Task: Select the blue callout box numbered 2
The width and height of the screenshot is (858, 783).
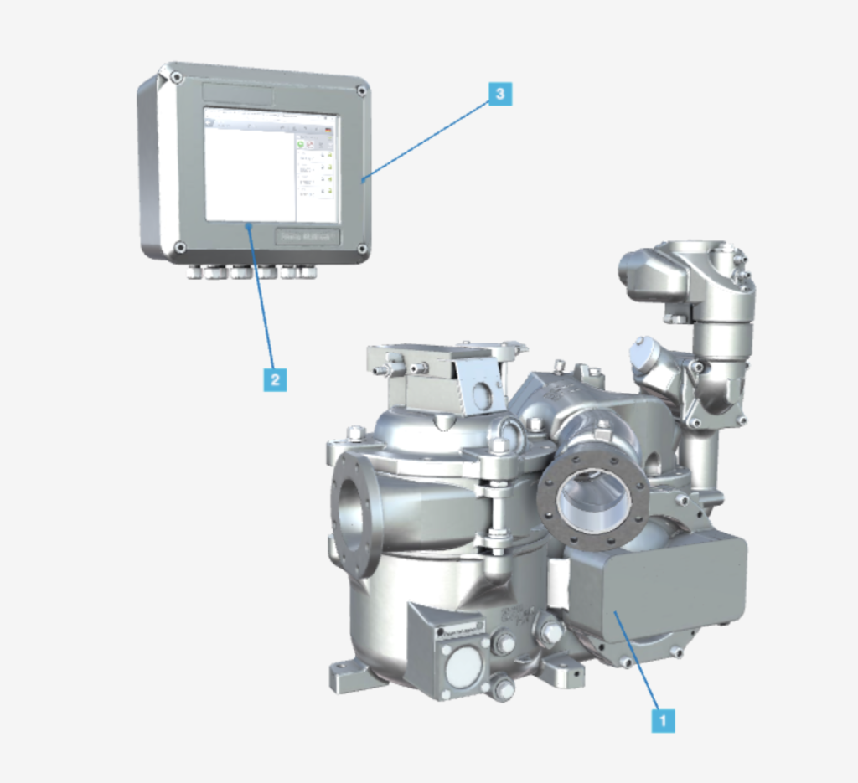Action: (x=273, y=379)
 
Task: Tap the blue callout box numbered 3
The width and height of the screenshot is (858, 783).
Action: (x=499, y=93)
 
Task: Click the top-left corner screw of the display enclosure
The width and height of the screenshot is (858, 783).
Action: (x=177, y=78)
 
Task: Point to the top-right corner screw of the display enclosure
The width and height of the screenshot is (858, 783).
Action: (x=361, y=90)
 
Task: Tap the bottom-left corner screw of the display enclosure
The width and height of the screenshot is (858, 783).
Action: (x=179, y=246)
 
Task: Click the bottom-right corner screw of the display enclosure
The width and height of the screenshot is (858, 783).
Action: (x=362, y=249)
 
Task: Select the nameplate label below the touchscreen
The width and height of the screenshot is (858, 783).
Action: (x=308, y=237)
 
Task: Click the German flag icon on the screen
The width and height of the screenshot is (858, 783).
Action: (x=328, y=130)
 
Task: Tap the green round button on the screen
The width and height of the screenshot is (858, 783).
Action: (x=301, y=145)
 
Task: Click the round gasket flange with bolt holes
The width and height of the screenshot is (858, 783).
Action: (x=592, y=494)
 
